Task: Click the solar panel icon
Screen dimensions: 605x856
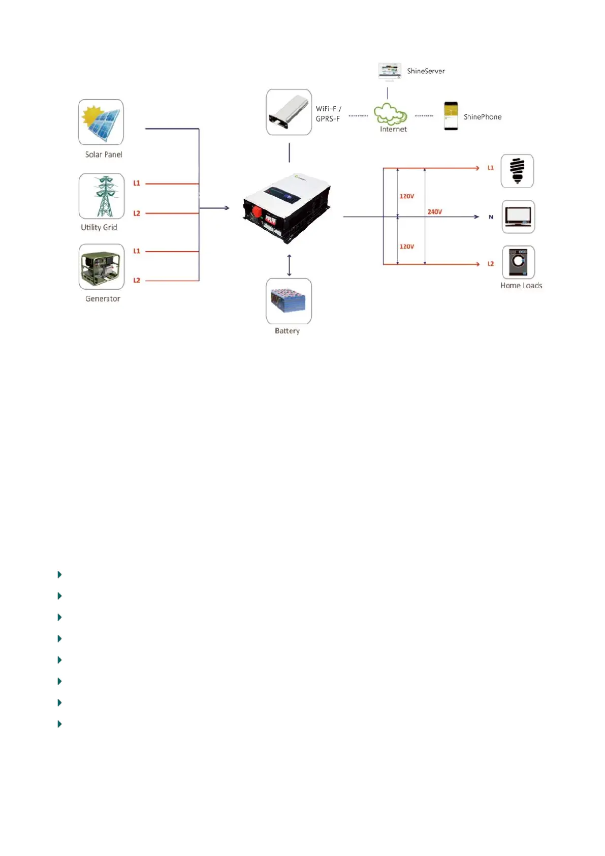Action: click(x=101, y=122)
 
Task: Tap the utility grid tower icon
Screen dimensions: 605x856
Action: click(x=102, y=196)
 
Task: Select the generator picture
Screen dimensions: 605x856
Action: click(x=102, y=267)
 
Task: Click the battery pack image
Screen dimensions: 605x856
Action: click(x=289, y=301)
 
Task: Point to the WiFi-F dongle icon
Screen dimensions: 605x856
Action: click(x=289, y=112)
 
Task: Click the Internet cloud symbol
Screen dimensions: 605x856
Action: click(x=390, y=114)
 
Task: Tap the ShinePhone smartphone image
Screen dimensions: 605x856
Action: click(x=451, y=116)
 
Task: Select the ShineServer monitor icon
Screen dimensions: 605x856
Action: click(x=390, y=72)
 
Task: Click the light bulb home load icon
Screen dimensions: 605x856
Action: click(x=517, y=171)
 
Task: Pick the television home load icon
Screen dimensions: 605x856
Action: click(x=518, y=217)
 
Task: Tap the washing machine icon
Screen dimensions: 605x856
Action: click(x=518, y=262)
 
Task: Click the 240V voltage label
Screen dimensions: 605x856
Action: click(x=435, y=211)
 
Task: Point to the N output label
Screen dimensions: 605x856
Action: click(x=491, y=217)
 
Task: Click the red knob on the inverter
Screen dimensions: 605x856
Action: click(x=257, y=210)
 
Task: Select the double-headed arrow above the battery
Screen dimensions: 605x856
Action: click(x=289, y=265)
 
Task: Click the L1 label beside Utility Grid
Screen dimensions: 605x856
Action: click(x=137, y=184)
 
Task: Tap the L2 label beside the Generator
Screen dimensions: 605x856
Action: click(x=137, y=281)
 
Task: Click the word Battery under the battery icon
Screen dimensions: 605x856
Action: click(x=287, y=331)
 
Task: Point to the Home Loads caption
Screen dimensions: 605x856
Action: click(x=521, y=286)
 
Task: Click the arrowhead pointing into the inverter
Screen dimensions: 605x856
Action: click(x=227, y=208)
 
